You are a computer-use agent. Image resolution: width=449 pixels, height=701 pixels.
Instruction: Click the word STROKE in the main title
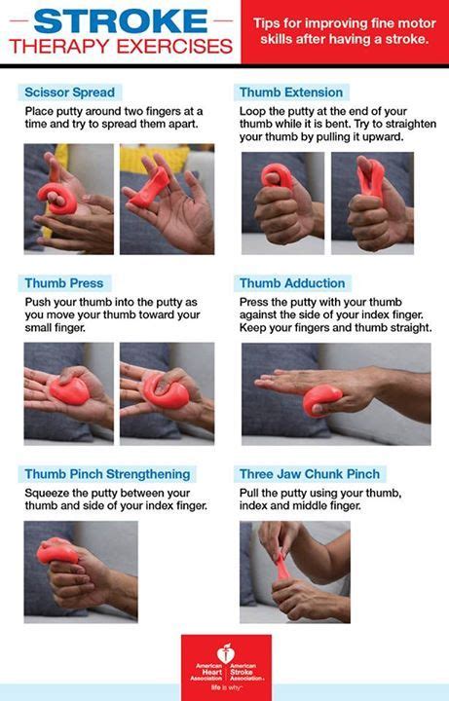[x=121, y=20]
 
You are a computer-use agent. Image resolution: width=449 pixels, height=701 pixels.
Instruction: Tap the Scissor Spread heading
[x=70, y=92]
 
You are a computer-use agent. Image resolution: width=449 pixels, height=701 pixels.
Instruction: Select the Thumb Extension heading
[x=291, y=92]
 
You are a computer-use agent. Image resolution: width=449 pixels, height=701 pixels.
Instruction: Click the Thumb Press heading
[x=64, y=283]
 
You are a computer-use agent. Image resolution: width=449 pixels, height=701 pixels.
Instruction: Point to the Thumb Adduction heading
[x=292, y=283]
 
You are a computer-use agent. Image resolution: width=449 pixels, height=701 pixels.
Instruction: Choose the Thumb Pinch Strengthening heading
[x=107, y=474]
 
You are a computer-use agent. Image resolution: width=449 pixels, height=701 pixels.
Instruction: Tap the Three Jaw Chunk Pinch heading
[x=310, y=474]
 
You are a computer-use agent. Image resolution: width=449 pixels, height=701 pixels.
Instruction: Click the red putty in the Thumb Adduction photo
[x=322, y=400]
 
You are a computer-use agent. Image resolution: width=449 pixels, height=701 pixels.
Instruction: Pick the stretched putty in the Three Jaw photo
[x=282, y=566]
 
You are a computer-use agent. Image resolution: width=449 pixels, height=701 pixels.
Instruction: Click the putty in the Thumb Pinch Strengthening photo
[x=57, y=552]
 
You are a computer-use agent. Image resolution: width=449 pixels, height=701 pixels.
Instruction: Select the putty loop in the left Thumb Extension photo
[x=278, y=175]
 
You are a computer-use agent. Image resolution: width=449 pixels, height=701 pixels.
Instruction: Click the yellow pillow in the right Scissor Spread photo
[x=155, y=159]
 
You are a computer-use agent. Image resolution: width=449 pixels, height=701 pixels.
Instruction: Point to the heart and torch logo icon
[x=226, y=654]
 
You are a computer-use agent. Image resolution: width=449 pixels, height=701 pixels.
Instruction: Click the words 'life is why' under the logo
[x=226, y=687]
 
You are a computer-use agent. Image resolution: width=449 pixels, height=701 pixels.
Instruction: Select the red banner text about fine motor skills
[x=345, y=31]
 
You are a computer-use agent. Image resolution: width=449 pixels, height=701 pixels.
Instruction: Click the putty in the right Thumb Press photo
[x=166, y=391]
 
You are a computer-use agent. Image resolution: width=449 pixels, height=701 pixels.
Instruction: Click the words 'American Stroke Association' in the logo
[x=246, y=672]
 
